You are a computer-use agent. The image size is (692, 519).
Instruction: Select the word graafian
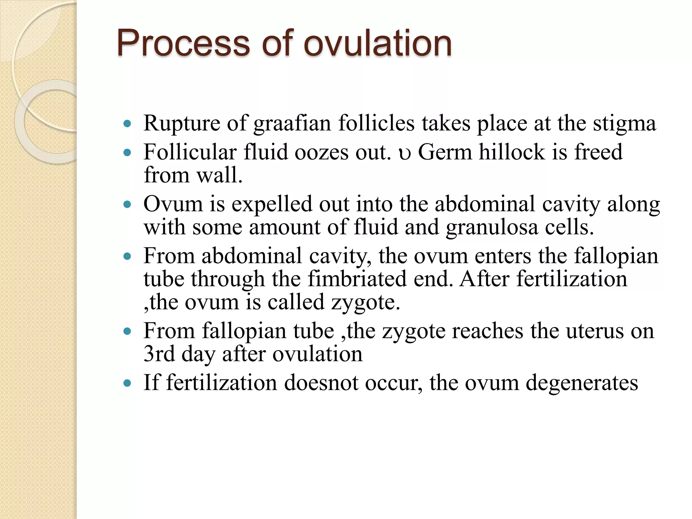(x=292, y=124)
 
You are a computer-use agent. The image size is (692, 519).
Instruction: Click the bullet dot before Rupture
(x=127, y=124)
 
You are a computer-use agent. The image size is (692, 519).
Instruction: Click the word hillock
(x=512, y=152)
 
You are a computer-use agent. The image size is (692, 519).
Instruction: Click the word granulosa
(x=492, y=228)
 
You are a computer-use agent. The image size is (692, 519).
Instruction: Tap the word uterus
(x=594, y=331)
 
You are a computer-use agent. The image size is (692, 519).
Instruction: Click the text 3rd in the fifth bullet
(x=159, y=354)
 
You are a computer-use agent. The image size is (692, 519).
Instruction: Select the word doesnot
(x=321, y=383)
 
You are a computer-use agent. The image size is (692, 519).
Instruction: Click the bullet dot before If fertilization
(x=127, y=384)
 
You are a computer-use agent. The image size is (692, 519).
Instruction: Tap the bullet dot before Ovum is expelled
(x=127, y=205)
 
